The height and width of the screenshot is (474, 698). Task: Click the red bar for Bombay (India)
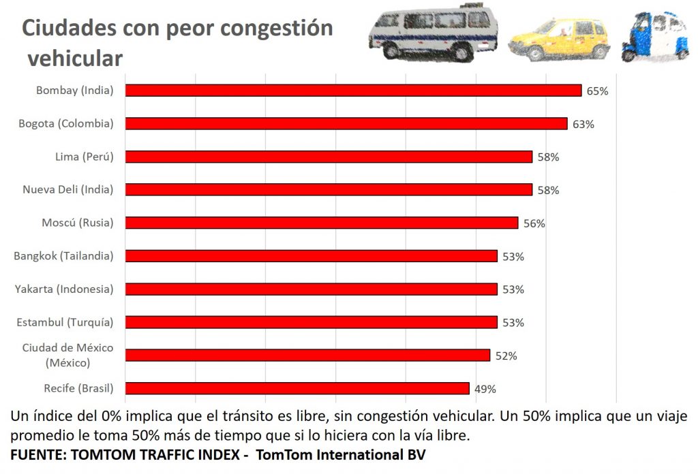tap(353, 91)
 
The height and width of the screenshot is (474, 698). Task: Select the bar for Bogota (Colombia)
tap(346, 123)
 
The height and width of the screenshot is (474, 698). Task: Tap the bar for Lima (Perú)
tap(329, 157)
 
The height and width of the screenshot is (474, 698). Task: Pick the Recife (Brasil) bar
tap(297, 388)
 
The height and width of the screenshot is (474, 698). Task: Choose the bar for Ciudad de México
tap(307, 355)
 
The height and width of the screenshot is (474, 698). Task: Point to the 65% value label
tap(597, 91)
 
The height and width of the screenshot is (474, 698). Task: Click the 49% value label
tap(485, 389)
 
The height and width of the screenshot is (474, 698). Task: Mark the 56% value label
tap(534, 223)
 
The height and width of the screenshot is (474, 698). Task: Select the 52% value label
tap(506, 355)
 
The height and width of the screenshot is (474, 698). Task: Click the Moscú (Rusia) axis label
tap(78, 223)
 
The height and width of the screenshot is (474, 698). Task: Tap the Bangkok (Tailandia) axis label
tap(63, 256)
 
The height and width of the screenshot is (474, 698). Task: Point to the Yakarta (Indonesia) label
tap(64, 289)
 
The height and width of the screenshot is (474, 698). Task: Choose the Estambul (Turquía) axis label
tap(65, 322)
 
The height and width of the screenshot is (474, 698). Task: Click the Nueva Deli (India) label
tap(68, 190)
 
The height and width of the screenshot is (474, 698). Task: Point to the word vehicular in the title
tap(75, 59)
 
